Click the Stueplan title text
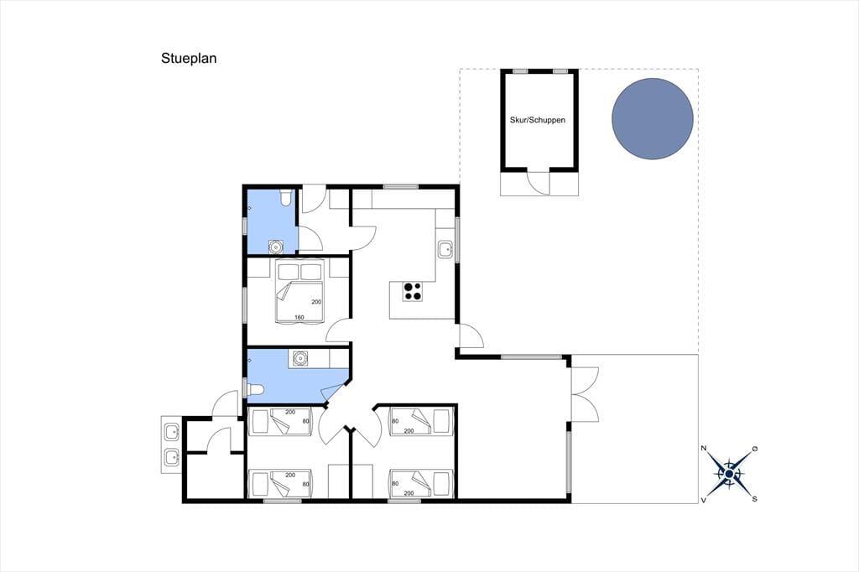[189, 58]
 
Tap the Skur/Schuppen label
[538, 120]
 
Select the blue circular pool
[653, 119]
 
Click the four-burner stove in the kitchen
[413, 292]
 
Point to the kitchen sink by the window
[445, 250]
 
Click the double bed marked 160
[299, 292]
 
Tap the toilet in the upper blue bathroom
[285, 198]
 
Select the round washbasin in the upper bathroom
[275, 247]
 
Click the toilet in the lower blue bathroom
[256, 390]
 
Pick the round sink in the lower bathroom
[299, 358]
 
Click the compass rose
[729, 474]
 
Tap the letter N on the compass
[704, 449]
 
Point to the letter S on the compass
[755, 499]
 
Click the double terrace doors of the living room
[585, 394]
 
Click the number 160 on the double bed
[299, 317]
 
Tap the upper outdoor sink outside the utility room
[172, 432]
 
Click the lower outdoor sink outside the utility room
[172, 456]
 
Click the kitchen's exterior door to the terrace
[471, 335]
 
